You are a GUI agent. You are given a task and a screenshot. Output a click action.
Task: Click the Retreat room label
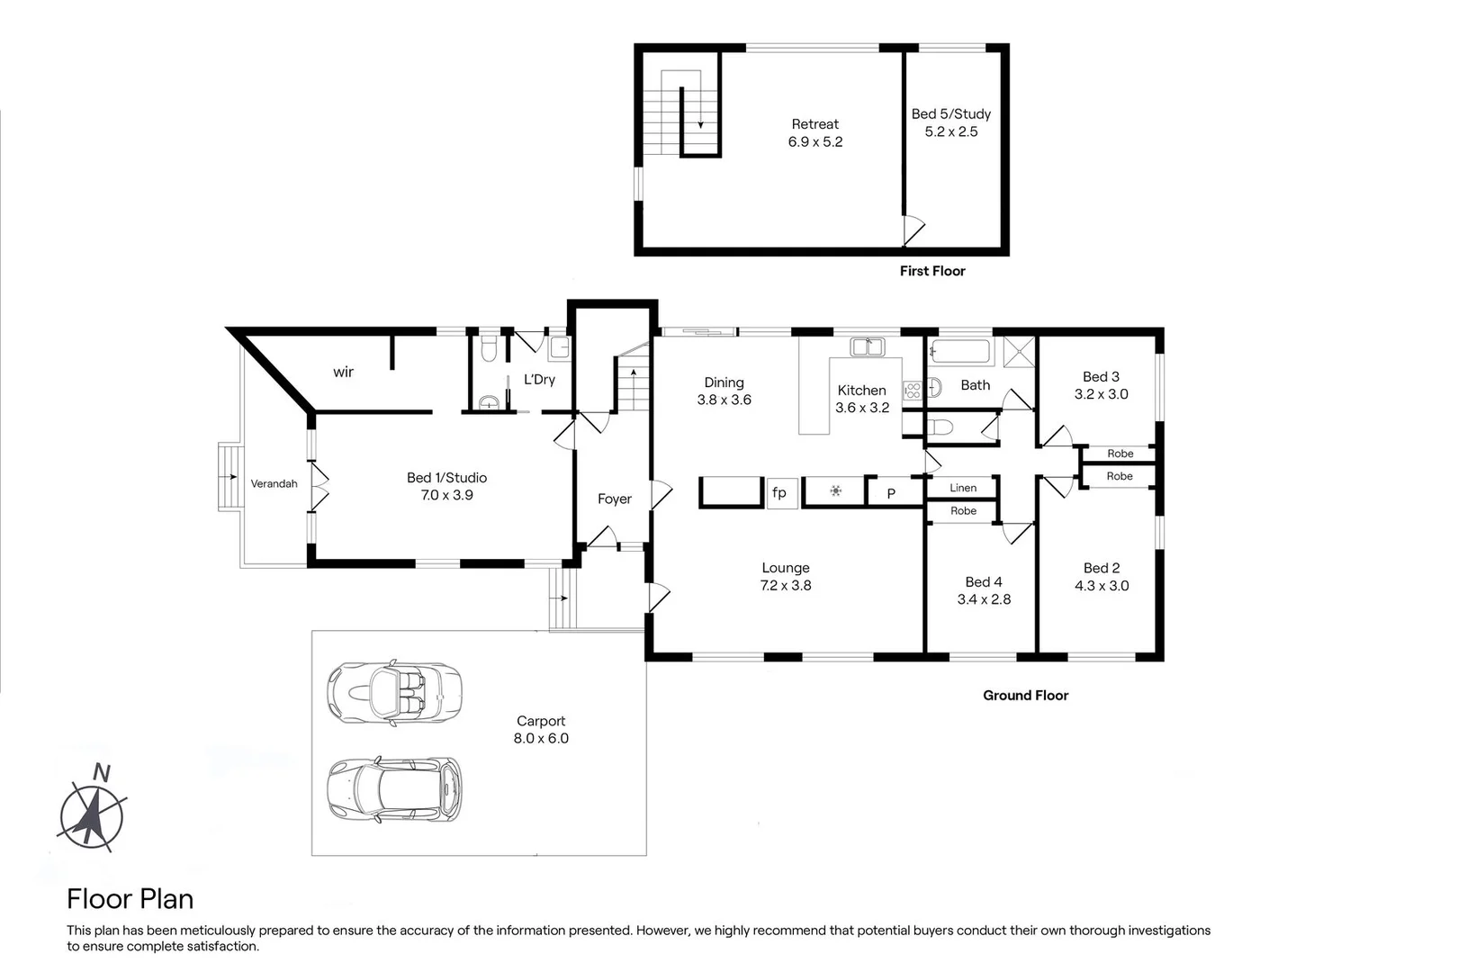[x=814, y=124]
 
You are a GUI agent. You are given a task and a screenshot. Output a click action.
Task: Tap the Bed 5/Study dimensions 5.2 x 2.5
[x=950, y=131]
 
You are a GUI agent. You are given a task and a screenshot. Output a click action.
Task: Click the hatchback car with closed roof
[x=394, y=789]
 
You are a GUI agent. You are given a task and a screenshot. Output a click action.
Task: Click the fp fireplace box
[x=780, y=492]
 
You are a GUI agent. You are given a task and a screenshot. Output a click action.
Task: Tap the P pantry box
[x=891, y=493]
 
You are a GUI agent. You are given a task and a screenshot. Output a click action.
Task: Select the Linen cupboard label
[x=962, y=488]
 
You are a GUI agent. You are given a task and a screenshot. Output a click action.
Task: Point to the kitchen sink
[x=868, y=346]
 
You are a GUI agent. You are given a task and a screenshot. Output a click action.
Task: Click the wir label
[x=343, y=372]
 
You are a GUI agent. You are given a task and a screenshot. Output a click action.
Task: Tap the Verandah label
[x=274, y=484]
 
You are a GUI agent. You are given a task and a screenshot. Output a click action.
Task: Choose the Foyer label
[x=615, y=499]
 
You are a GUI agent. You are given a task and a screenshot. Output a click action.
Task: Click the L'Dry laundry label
[x=539, y=380]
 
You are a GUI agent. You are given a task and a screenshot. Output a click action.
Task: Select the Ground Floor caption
[x=1025, y=695]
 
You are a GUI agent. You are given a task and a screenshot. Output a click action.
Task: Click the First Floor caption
[x=931, y=271]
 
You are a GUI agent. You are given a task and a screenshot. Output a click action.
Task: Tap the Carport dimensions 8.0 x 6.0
[x=541, y=738]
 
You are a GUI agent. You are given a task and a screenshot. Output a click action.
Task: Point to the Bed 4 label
[x=983, y=582]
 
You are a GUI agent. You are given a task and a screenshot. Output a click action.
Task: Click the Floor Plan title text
[x=130, y=899]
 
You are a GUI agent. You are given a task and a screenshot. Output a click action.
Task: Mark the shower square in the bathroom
[x=1019, y=351]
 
